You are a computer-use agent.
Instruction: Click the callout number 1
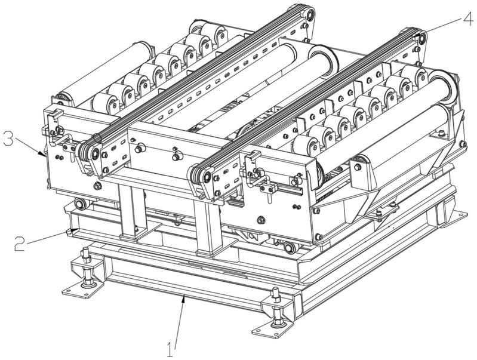click(170, 349)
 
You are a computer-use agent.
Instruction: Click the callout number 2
click(20, 244)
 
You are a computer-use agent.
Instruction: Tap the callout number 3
click(8, 139)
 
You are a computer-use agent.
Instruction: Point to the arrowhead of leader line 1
click(183, 297)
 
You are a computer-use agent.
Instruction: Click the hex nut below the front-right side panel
click(260, 220)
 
